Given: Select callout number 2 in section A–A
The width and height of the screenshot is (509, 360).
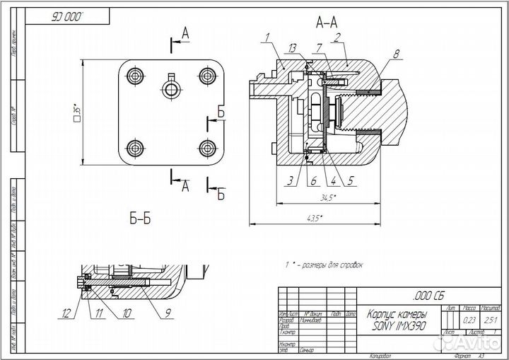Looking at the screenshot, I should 339,36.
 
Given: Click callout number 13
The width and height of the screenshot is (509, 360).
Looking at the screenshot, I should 291,47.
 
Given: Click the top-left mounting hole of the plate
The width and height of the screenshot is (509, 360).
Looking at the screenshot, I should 134,75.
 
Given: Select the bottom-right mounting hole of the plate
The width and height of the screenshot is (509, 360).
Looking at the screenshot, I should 206,147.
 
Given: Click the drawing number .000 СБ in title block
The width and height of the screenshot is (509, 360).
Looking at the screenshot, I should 427,295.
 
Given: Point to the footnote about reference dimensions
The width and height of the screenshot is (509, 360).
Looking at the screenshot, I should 323,265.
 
